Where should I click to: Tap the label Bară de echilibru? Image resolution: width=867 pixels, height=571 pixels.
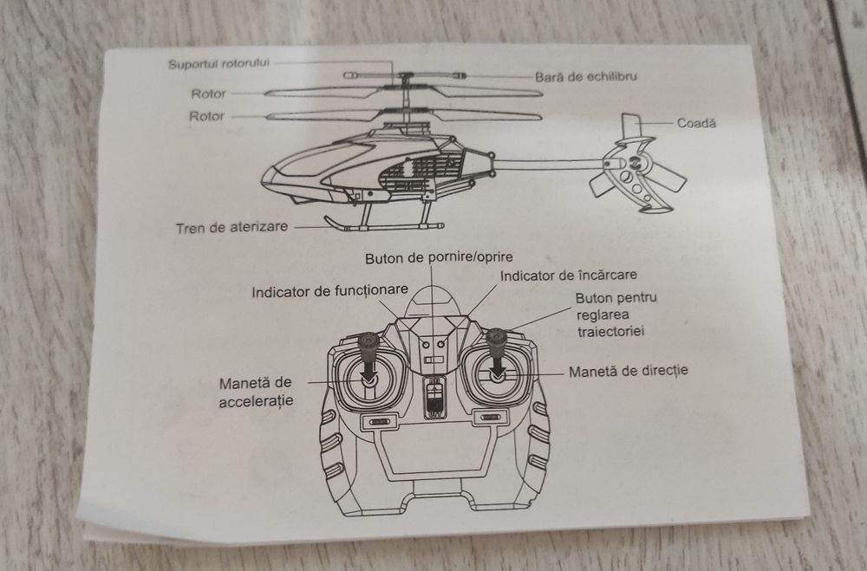click(586, 77)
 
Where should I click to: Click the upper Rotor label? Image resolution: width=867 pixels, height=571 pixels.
click(207, 94)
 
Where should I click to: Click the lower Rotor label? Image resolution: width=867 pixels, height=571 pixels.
click(207, 116)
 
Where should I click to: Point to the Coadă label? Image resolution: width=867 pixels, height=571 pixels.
click(697, 124)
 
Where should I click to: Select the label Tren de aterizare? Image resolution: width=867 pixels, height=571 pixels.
click(231, 229)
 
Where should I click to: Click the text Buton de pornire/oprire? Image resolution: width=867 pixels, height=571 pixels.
click(439, 257)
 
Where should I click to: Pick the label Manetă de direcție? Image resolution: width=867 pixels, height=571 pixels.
click(628, 371)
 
